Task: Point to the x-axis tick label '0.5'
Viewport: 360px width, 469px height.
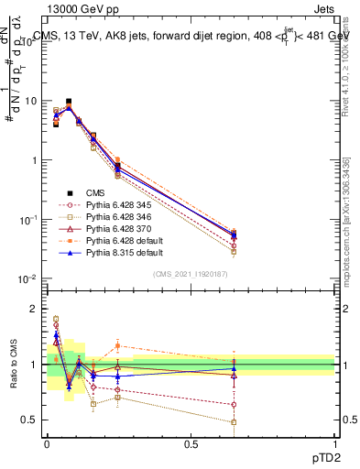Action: click(191, 443)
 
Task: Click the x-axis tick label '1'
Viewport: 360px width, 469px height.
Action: click(334, 443)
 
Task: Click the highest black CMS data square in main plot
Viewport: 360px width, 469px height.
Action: click(69, 102)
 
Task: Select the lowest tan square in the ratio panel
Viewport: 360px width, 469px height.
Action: click(234, 422)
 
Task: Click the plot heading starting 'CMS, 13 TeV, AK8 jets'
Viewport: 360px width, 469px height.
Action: click(192, 36)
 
